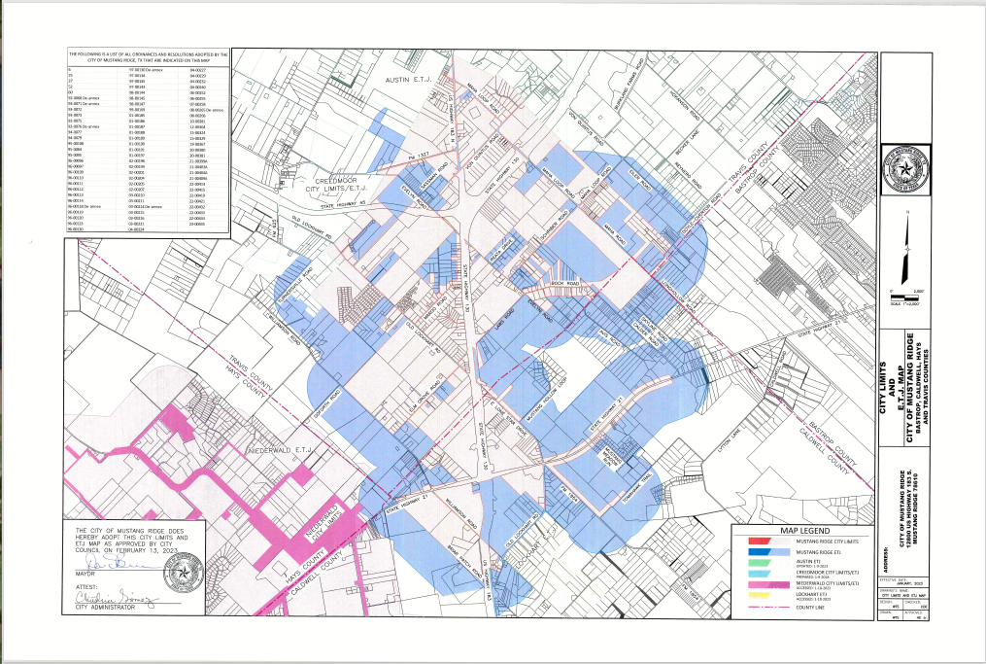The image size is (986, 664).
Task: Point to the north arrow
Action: [906, 247]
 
